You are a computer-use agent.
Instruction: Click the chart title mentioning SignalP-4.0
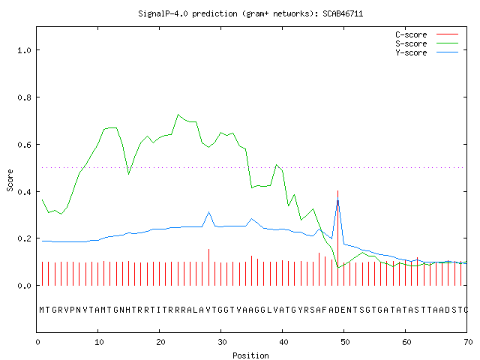click(250, 14)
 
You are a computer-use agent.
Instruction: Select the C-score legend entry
click(427, 34)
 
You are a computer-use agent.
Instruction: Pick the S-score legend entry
click(427, 43)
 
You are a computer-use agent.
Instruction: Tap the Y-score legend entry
click(427, 52)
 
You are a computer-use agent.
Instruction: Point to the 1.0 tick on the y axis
click(24, 50)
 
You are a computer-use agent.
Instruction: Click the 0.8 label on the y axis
click(24, 97)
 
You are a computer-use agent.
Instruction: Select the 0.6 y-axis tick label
click(24, 145)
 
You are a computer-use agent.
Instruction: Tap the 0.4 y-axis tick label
click(24, 192)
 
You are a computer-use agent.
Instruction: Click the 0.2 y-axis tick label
click(24, 238)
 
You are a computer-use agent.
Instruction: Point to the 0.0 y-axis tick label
click(24, 286)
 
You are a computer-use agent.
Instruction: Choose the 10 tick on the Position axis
click(99, 342)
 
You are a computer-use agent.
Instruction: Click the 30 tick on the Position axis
click(222, 342)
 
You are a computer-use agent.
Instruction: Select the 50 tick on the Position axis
click(345, 342)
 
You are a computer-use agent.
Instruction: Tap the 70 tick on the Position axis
click(468, 342)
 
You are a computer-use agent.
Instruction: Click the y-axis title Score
click(10, 180)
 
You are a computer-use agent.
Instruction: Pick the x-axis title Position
click(250, 355)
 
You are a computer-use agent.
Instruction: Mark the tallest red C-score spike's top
click(337, 190)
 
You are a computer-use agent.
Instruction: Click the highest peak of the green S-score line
click(178, 115)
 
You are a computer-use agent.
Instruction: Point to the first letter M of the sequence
click(42, 310)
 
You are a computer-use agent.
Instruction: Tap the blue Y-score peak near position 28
click(208, 211)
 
